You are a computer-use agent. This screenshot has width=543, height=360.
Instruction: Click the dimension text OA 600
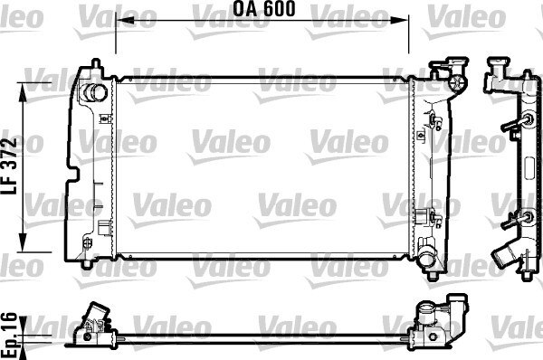(x=263, y=11)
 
